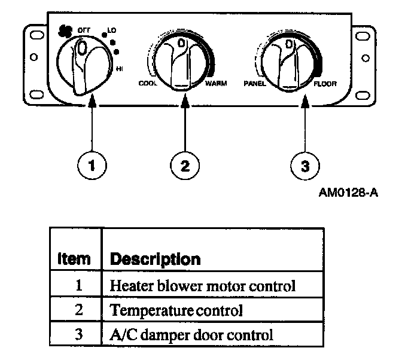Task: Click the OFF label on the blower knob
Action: (84, 29)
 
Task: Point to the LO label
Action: (112, 29)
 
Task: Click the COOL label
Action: (147, 84)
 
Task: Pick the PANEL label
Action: (254, 84)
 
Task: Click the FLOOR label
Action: (325, 84)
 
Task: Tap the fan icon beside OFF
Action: (65, 30)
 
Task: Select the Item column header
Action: (74, 260)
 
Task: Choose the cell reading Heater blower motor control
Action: (202, 286)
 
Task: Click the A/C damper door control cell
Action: (191, 334)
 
